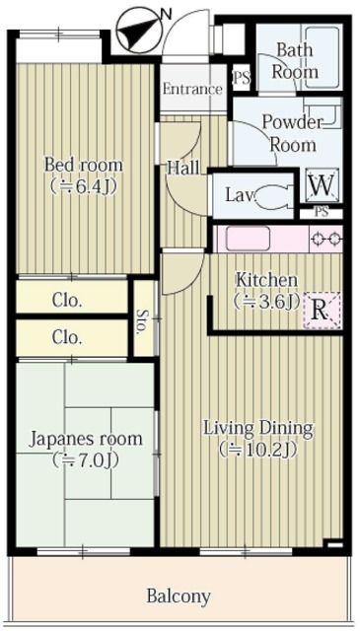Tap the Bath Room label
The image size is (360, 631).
[296, 61]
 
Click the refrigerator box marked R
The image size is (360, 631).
[320, 309]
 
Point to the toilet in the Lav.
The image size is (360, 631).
[273, 195]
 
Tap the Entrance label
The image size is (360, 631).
[192, 89]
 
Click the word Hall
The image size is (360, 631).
[183, 168]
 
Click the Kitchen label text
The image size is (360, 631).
[265, 279]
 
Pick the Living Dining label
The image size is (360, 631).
[257, 428]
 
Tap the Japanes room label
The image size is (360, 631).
[86, 439]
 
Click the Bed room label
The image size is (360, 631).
[83, 163]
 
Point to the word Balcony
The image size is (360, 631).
[179, 596]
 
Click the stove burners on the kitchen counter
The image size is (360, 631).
[325, 238]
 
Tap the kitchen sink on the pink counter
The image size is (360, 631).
[242, 238]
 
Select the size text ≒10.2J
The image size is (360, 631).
[257, 450]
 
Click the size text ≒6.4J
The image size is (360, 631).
[83, 184]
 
